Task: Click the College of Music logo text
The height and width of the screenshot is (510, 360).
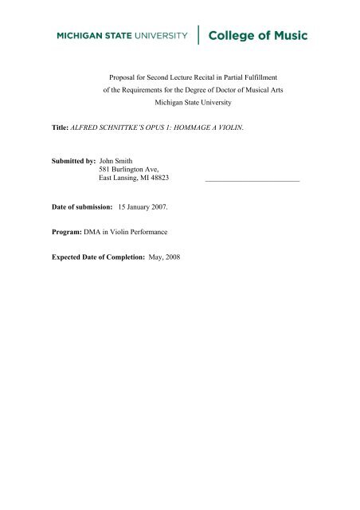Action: point(256,36)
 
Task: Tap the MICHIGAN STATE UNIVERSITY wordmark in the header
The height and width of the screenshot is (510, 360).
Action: point(121,36)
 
